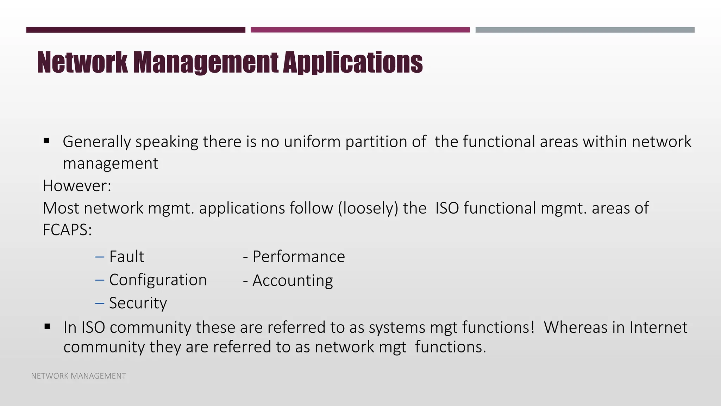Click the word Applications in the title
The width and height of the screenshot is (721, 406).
click(x=353, y=63)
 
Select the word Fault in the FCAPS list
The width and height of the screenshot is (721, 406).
click(x=127, y=257)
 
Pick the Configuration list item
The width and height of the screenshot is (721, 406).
click(x=158, y=280)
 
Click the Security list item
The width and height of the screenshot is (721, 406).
click(x=138, y=303)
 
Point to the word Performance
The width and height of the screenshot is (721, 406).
click(x=299, y=257)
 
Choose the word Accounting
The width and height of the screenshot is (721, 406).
click(x=293, y=281)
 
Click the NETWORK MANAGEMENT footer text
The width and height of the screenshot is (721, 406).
click(x=79, y=376)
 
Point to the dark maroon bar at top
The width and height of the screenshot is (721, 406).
click(x=136, y=30)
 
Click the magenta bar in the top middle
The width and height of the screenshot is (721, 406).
click(x=360, y=30)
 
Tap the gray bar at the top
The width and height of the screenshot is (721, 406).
click(x=585, y=30)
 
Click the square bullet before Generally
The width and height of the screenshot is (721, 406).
click(x=46, y=141)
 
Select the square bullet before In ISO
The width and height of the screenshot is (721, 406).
click(x=47, y=327)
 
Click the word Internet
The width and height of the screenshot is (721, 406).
click(x=658, y=327)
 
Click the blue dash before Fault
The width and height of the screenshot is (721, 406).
click(x=100, y=257)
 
